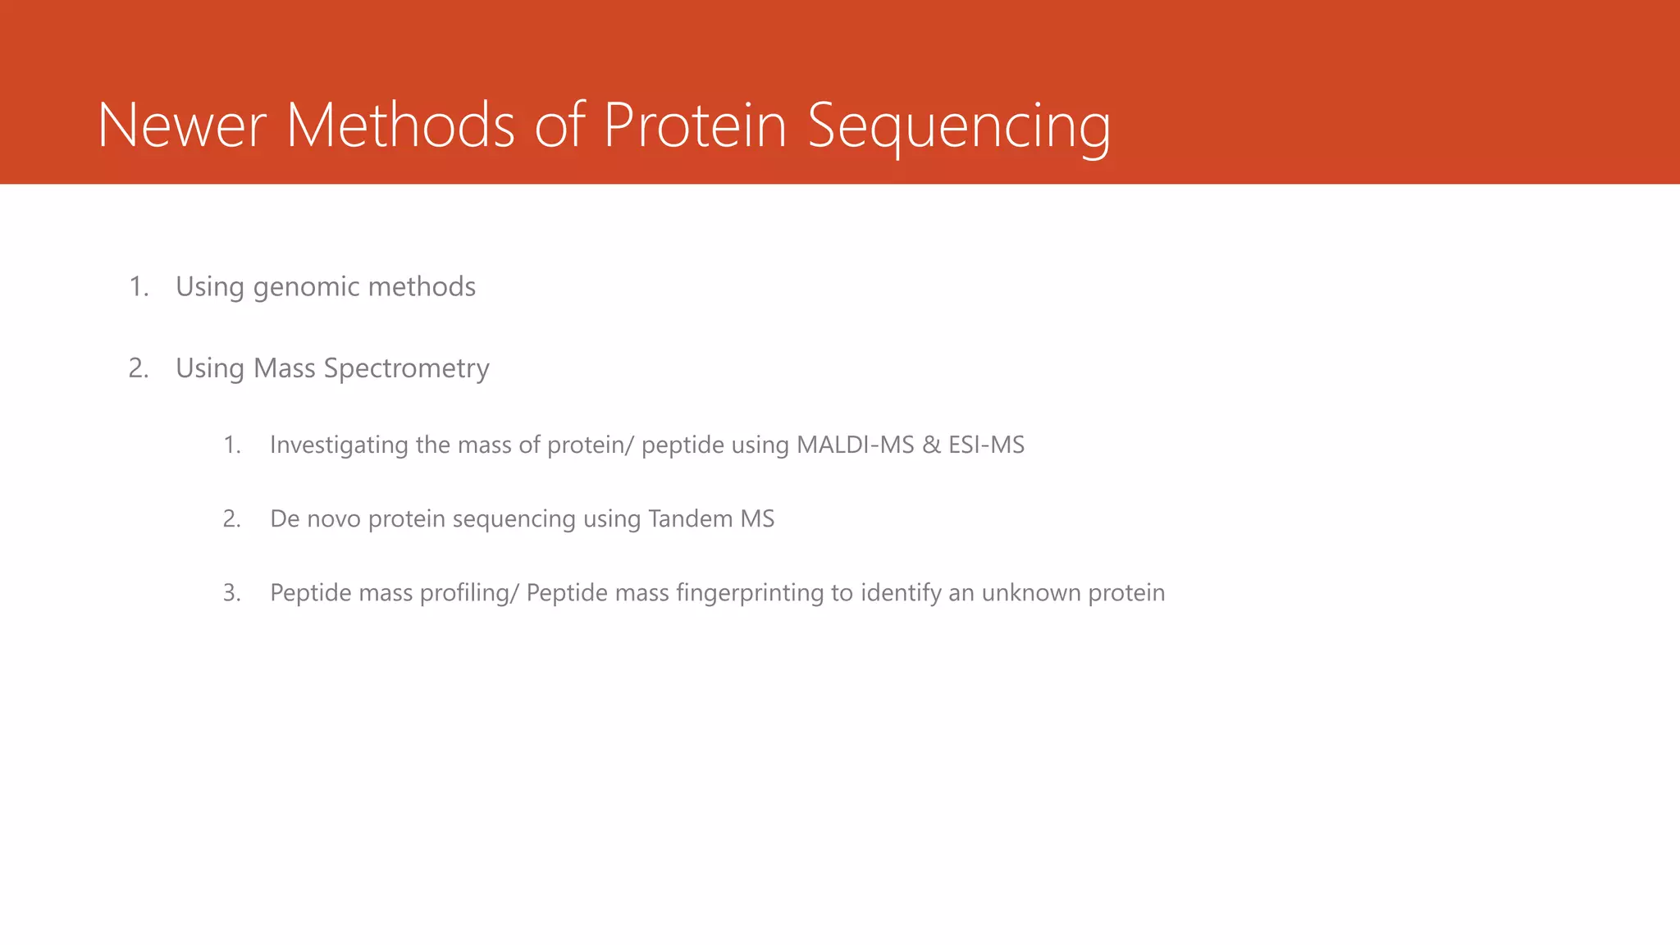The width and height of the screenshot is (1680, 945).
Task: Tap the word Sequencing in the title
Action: (959, 126)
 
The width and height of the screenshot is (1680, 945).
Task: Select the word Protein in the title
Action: (695, 126)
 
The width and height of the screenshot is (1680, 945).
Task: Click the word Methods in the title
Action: (400, 126)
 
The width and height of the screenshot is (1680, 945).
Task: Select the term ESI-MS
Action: (986, 445)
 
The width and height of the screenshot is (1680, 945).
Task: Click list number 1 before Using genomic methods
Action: (139, 287)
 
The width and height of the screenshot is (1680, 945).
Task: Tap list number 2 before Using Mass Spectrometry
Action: (139, 368)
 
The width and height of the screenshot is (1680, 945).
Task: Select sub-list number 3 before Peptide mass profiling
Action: (231, 592)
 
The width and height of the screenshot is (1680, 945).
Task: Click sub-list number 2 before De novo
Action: (231, 518)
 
